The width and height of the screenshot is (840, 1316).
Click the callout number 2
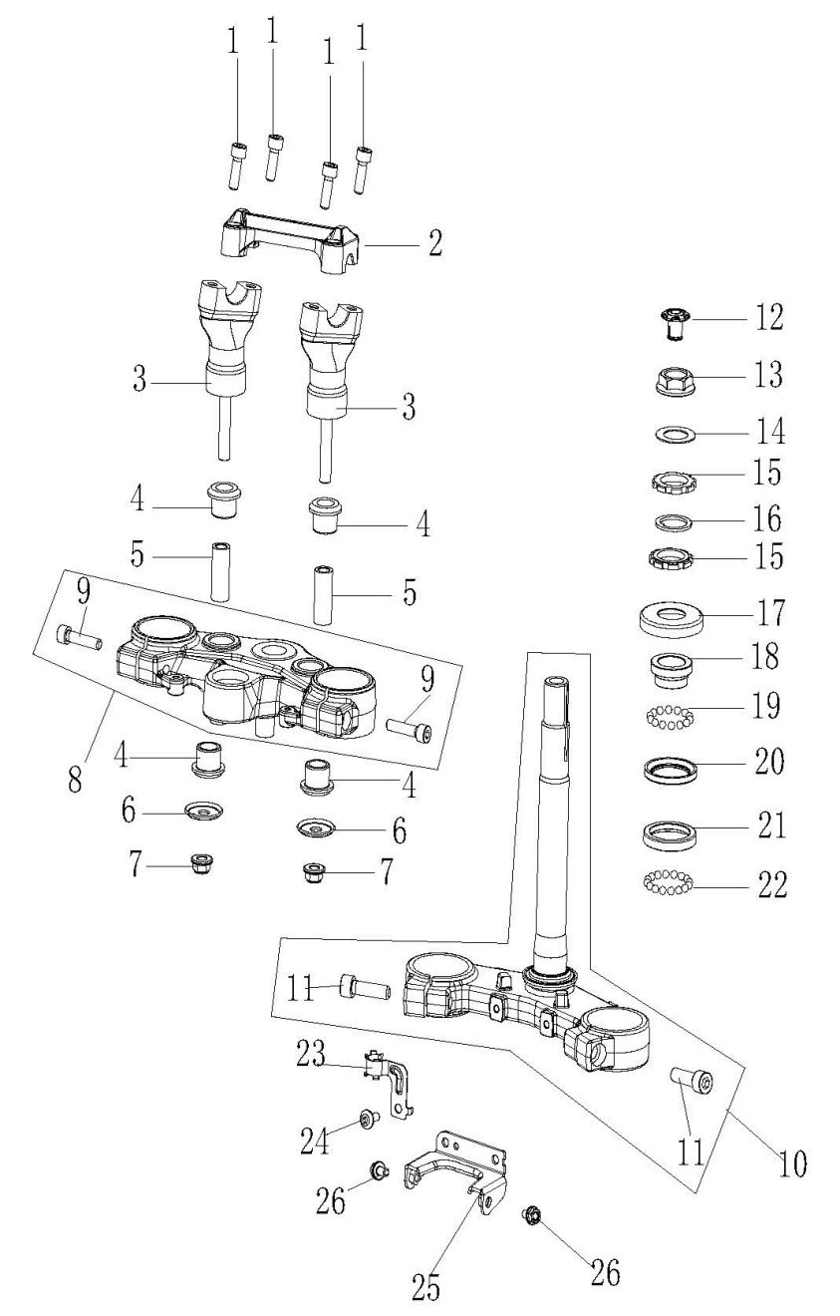(434, 243)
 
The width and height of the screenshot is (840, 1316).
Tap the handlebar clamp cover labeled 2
(293, 241)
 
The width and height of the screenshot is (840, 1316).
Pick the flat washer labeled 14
(674, 435)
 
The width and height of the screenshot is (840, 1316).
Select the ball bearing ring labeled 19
(670, 718)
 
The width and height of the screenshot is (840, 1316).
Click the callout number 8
(75, 781)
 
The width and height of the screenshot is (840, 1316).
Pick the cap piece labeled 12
(675, 323)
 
